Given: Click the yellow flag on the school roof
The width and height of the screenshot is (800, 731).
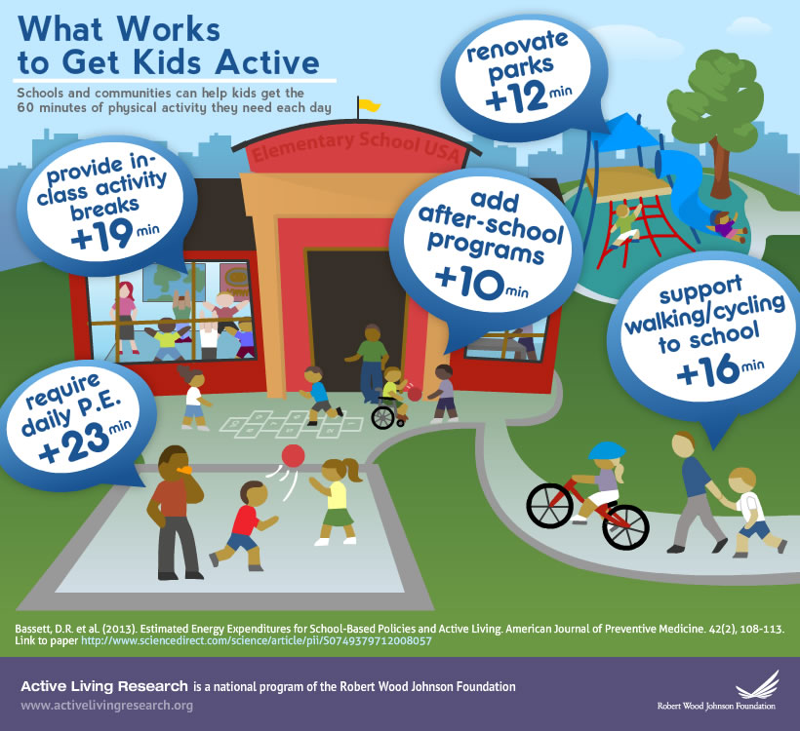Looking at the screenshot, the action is click(x=369, y=105).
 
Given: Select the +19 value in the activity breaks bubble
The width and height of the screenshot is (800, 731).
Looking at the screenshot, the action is click(x=102, y=235).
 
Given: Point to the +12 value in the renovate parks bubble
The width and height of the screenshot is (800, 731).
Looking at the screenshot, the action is click(x=515, y=96).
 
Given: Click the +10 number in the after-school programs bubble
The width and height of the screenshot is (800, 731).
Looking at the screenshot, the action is click(x=469, y=282).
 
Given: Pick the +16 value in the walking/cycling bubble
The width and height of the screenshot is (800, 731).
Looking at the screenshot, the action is click(x=708, y=370).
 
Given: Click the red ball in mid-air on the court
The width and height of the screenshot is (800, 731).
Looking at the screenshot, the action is click(x=293, y=455).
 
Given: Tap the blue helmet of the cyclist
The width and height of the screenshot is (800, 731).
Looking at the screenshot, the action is click(x=607, y=450).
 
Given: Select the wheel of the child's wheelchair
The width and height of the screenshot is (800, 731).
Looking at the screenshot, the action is click(x=382, y=417).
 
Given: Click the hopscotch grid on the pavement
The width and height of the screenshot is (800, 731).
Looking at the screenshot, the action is click(x=291, y=424).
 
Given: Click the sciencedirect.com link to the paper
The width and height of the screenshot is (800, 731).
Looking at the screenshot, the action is click(x=257, y=640).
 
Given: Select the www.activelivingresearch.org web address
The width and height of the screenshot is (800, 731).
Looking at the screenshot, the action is click(x=106, y=706).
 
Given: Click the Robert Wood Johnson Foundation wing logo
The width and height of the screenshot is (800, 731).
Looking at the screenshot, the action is click(x=757, y=684).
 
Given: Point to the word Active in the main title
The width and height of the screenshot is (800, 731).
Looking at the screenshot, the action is click(x=267, y=62).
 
